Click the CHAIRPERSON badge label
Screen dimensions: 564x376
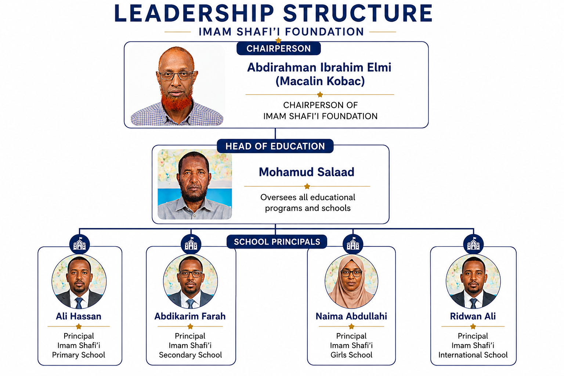278,48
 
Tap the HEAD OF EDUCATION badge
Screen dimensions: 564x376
275,146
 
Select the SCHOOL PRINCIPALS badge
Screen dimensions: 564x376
277,242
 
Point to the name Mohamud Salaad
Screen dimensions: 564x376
307,172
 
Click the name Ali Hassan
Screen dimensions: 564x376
79,316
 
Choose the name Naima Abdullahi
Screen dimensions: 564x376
351,316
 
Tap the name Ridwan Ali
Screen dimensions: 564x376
473,316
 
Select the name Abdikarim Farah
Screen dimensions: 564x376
190,316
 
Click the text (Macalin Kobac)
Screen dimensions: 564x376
320,81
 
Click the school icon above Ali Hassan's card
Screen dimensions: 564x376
80,244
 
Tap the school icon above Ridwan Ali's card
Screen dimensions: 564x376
473,244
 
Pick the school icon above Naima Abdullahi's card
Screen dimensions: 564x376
353,244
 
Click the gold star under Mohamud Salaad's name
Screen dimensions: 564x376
307,187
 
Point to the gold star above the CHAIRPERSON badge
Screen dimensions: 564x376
278,40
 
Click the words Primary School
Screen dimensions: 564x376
79,355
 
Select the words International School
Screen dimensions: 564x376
473,355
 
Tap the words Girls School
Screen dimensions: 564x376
351,355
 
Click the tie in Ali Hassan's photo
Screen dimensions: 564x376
79,303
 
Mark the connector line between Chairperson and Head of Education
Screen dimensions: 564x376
275,134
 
